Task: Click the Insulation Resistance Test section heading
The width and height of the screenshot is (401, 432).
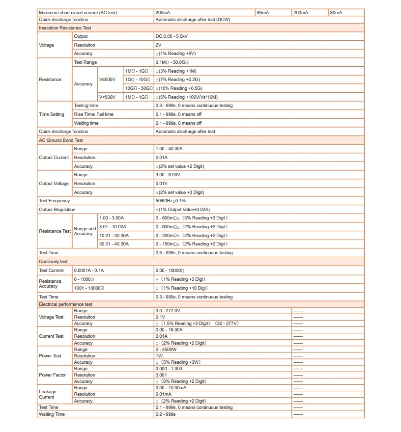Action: coord(65,28)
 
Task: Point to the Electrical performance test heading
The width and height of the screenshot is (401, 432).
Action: coord(65,304)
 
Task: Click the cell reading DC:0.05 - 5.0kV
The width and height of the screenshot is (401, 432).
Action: coord(171,36)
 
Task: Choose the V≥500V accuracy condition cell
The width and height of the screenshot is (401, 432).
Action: coord(107,80)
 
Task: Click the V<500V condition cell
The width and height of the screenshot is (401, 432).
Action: coord(107,97)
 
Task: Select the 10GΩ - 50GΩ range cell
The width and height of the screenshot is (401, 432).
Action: coord(139,88)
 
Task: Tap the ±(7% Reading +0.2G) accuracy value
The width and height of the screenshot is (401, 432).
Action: coord(177,80)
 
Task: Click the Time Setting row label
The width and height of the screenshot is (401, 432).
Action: coord(51,114)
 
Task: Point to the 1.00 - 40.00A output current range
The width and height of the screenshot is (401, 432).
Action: coord(169,149)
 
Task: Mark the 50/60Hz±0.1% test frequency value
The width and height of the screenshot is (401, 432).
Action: coord(171,201)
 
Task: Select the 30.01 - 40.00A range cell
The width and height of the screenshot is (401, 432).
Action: coord(114,244)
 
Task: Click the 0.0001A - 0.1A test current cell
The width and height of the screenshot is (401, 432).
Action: coord(88,270)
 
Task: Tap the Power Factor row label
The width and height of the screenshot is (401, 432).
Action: coord(52,375)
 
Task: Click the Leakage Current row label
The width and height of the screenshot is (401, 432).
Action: coord(48,394)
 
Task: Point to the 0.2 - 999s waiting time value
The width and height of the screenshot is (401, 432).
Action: coord(165,414)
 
